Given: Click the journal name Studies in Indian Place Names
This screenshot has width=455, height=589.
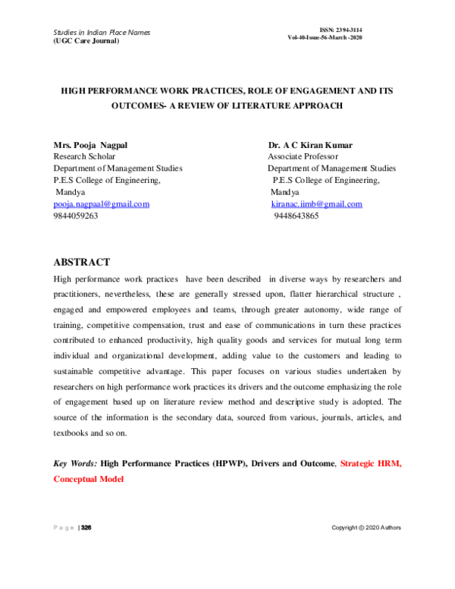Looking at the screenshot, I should [x=102, y=33].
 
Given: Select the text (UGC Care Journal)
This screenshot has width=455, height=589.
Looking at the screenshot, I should [x=86, y=41].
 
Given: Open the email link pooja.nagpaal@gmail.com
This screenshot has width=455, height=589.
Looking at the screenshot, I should [x=101, y=204].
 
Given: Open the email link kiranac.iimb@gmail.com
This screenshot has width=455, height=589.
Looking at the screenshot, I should [x=316, y=204].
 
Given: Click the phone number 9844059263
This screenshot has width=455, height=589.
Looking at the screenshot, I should [x=76, y=216].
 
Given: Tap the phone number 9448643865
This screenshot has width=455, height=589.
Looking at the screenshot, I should [x=296, y=216].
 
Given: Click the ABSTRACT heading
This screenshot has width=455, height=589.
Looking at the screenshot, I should [x=81, y=263].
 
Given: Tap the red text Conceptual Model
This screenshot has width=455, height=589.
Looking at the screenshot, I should [x=88, y=479].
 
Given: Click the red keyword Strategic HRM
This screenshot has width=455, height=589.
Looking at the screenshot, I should [x=370, y=463].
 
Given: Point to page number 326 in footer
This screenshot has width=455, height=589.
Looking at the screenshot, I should [x=86, y=528].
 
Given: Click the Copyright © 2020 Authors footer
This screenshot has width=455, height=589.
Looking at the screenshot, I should [x=366, y=528].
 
